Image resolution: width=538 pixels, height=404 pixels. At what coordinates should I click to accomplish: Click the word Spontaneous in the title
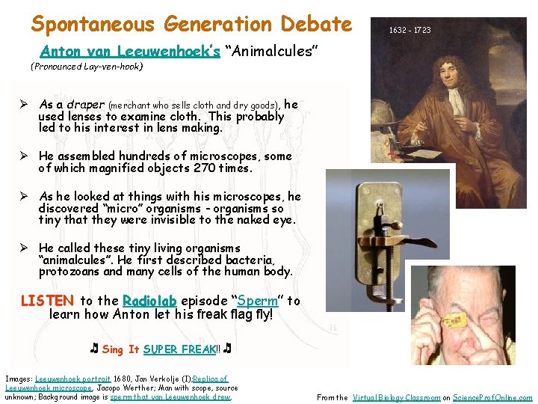tap(93, 25)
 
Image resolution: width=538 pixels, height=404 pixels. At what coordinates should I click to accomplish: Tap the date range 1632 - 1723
tap(409, 31)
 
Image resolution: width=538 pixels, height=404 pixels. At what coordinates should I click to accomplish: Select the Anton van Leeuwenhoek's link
tap(130, 52)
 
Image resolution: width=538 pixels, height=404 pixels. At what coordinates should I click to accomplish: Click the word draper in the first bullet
tap(87, 105)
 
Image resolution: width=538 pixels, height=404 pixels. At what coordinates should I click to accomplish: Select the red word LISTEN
tap(47, 301)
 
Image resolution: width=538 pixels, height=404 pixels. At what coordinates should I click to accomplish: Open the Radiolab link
tap(149, 301)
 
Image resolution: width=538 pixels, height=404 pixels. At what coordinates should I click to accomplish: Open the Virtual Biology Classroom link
tap(395, 398)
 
